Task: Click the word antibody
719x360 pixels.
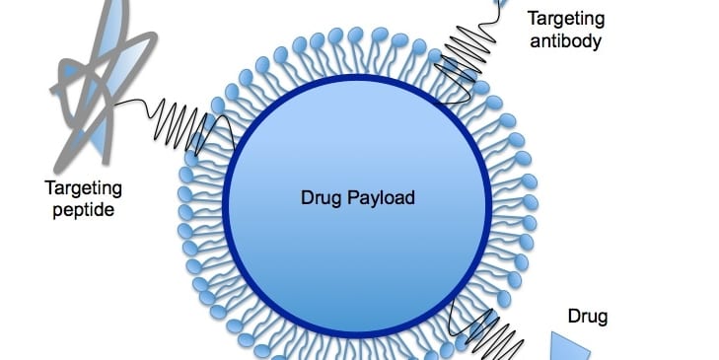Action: pos(564,41)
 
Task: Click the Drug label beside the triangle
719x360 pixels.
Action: pos(589,317)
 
